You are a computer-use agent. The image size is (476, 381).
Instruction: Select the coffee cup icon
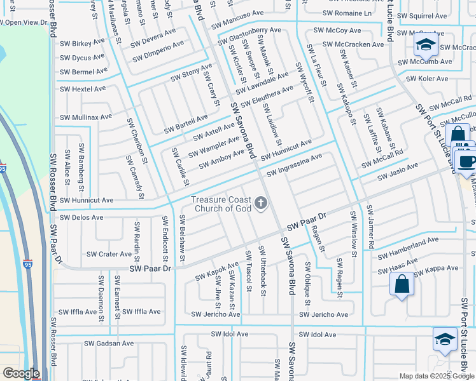[466, 160]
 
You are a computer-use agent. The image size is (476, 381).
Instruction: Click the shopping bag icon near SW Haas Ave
[402, 286]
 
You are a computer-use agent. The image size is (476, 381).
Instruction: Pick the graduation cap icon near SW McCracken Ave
[424, 45]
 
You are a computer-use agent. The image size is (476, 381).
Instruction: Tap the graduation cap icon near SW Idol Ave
[444, 338]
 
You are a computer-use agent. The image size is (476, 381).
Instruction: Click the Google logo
[21, 373]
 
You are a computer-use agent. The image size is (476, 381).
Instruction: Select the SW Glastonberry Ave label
[249, 37]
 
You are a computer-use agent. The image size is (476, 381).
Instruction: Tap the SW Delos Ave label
[81, 217]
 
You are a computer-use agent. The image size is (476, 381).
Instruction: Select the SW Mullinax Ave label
[85, 117]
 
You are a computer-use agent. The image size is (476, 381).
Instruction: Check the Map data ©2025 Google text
[436, 376]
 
